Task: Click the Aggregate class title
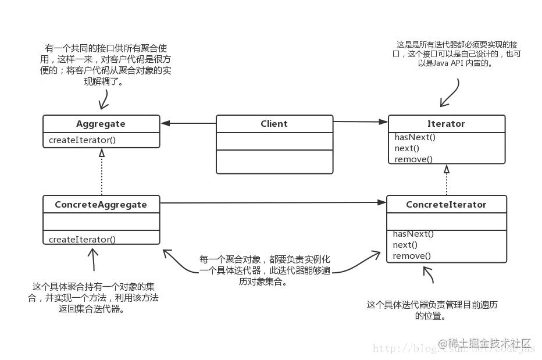[x=101, y=124]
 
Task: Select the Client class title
[x=274, y=124]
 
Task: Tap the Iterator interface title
[x=446, y=124]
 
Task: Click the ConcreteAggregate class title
[x=101, y=205]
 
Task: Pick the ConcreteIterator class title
[x=446, y=205]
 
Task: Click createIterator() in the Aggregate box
[x=82, y=140]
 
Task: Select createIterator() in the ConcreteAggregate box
[x=82, y=239]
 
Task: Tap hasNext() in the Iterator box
[x=415, y=138]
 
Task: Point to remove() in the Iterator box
[x=413, y=159]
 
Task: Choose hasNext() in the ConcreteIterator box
[x=413, y=234]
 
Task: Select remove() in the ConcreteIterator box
[x=412, y=256]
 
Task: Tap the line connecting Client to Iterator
[x=361, y=123]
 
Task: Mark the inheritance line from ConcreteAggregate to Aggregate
[x=102, y=172]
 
